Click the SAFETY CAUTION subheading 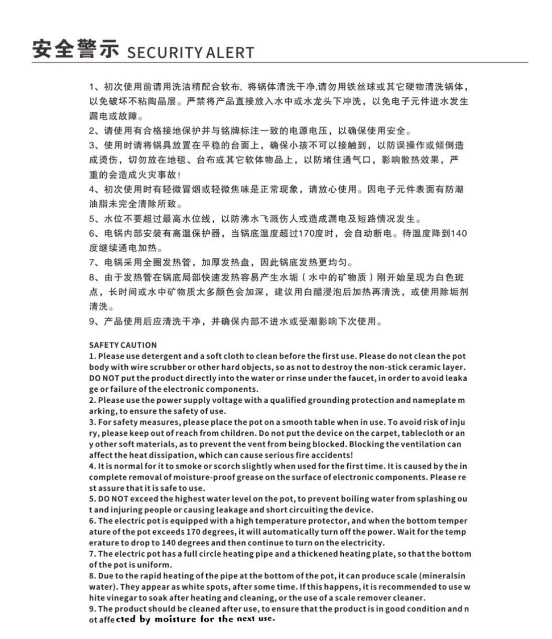point(123,345)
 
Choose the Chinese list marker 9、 point(95,322)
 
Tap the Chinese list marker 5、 point(95,219)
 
